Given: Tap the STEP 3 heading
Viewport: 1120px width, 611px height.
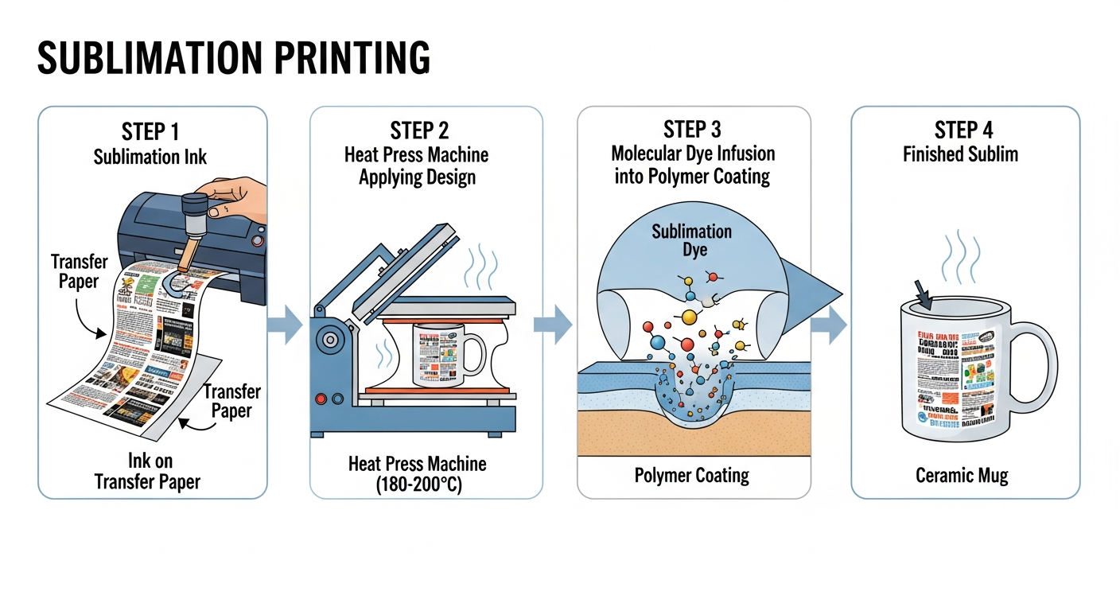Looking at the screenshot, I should tap(693, 130).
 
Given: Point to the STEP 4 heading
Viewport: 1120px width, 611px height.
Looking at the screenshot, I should tap(964, 131).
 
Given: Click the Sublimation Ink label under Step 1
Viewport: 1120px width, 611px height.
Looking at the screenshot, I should tap(150, 156).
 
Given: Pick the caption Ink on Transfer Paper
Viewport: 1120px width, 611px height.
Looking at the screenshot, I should tap(148, 471).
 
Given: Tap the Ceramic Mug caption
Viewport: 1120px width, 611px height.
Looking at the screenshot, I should tap(962, 476).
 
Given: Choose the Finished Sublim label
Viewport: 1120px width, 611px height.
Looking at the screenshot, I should tap(960, 154).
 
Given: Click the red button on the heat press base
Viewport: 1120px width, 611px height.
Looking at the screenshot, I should tap(321, 399).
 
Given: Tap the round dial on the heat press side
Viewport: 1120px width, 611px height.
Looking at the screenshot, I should tap(328, 340).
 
